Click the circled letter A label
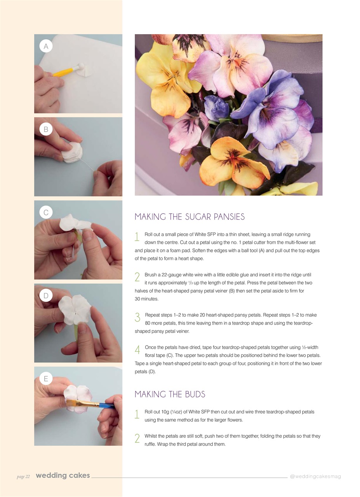46,46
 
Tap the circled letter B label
46,129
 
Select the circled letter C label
46,212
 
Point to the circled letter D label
46,295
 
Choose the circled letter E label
46,379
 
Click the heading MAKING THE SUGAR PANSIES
190,217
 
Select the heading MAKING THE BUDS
170,394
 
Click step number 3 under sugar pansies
137,318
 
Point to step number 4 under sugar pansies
137,350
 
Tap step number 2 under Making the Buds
137,439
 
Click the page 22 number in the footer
23,476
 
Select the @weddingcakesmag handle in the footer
315,476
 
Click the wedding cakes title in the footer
63,476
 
